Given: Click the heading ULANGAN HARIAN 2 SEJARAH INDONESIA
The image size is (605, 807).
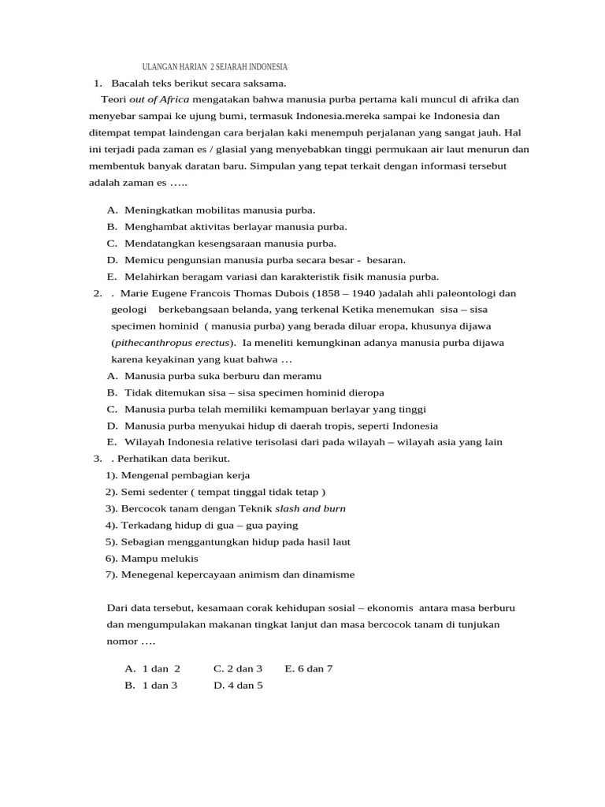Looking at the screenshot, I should tap(214, 67).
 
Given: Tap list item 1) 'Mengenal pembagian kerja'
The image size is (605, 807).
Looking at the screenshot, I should tap(178, 475).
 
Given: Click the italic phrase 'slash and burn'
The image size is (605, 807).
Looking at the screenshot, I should tap(310, 508).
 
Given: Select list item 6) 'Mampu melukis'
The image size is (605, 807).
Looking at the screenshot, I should tap(152, 558).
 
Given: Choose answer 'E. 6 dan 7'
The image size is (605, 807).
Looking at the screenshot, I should tap(309, 668).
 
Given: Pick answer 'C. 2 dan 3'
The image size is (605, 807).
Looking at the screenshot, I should tap(238, 668).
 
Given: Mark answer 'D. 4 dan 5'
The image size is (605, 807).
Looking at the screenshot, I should tap(238, 685).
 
